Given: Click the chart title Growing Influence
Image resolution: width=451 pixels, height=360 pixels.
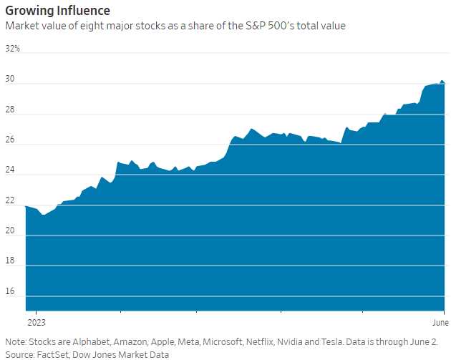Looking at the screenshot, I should point(58,11).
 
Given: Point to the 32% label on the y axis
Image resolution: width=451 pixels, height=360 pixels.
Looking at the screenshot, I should point(13,49).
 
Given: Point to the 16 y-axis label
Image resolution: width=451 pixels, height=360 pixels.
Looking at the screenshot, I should point(11,292).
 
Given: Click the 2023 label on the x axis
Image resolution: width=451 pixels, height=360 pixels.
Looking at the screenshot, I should point(37,323).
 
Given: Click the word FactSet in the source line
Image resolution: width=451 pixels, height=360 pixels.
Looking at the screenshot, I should point(52,354).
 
